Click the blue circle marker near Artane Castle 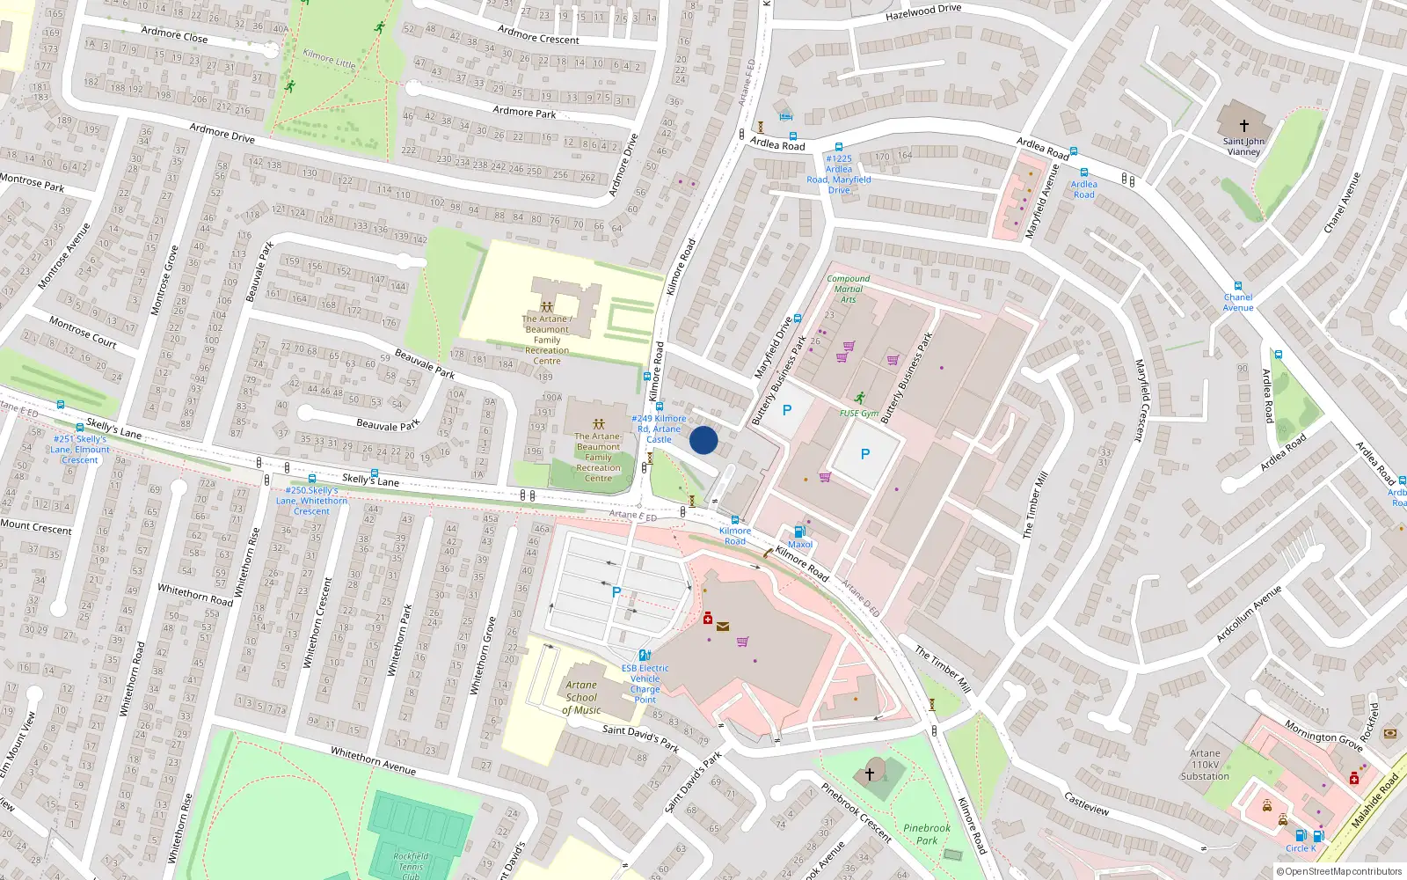[x=703, y=440]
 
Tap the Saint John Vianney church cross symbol [x=1243, y=126]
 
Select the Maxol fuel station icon [x=799, y=532]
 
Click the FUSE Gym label [x=858, y=413]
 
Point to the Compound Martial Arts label [x=848, y=289]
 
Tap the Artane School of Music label [x=581, y=697]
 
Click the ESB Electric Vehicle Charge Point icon [x=645, y=655]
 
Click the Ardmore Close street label [x=174, y=34]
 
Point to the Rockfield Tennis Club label [x=411, y=864]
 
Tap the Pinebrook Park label [x=927, y=833]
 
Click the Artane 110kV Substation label [x=1205, y=764]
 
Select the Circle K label [x=1301, y=848]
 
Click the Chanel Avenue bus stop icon [x=1238, y=286]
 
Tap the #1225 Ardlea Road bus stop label [x=839, y=174]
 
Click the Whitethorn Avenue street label [x=373, y=760]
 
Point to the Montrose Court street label [x=83, y=332]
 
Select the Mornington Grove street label [x=1323, y=735]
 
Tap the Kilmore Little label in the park [x=329, y=59]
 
